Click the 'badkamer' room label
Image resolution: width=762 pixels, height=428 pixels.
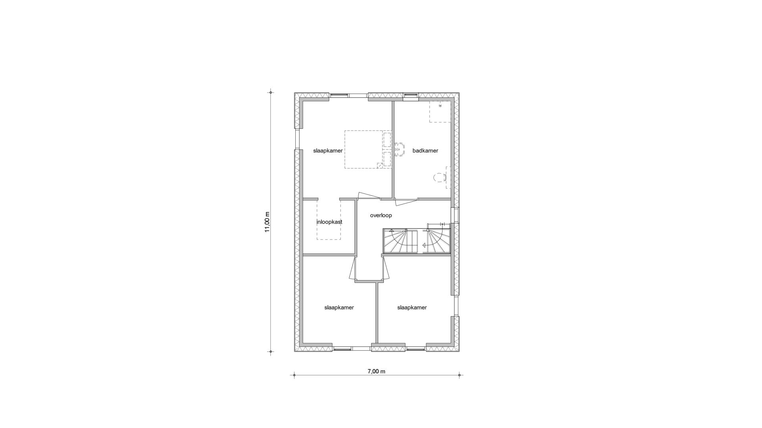pos(425,151)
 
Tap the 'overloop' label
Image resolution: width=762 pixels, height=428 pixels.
pos(381,216)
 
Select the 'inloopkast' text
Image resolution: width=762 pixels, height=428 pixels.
pos(329,222)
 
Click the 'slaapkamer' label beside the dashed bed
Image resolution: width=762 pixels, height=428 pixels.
pos(327,151)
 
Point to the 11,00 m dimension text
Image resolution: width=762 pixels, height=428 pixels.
pos(267,222)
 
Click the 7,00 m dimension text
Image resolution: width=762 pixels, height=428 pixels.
pos(376,371)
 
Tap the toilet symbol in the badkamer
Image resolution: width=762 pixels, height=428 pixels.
pos(438,177)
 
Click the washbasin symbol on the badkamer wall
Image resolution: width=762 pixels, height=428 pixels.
pos(400,150)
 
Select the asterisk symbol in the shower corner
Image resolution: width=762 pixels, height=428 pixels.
pos(440,106)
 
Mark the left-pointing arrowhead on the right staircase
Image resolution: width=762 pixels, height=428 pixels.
pos(424,245)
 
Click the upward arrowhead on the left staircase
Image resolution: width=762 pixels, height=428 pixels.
pos(391,231)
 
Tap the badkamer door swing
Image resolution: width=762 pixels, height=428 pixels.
pos(406,201)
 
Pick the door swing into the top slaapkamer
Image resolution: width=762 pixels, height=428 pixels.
pos(369,195)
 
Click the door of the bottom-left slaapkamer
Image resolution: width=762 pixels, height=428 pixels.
pos(352,269)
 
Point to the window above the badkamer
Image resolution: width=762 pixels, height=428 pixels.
pos(411,95)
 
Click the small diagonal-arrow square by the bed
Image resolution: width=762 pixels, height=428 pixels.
pos(379,166)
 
